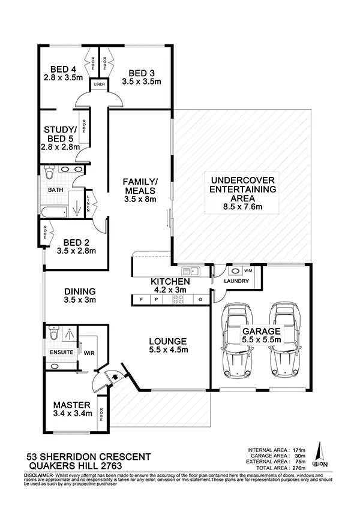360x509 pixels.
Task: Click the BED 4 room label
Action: coord(62,69)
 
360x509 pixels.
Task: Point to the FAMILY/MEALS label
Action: coord(140,186)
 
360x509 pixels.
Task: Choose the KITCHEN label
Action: coord(170,281)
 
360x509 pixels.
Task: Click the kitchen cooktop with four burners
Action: coord(178,299)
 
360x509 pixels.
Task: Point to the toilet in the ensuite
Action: coord(53,333)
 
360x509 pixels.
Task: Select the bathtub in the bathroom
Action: coord(54,210)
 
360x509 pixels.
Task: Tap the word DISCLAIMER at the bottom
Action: coord(22,474)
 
